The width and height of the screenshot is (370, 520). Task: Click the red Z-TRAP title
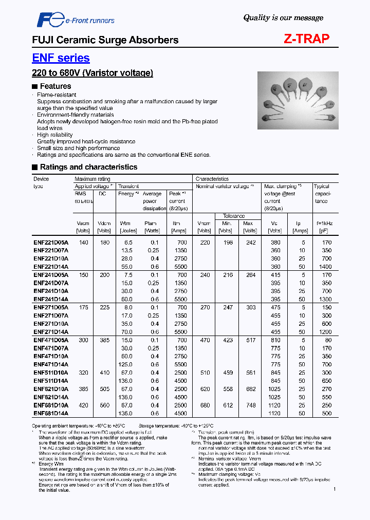307,39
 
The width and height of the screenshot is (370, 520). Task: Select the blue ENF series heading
61,58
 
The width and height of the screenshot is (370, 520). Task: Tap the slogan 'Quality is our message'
283,17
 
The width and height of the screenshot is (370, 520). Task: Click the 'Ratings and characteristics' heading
85,167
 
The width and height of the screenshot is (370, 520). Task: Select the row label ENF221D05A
50,243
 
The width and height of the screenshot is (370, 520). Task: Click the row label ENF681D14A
50,413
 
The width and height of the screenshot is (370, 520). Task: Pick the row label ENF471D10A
50,356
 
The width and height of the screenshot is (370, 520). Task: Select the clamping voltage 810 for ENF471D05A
275,340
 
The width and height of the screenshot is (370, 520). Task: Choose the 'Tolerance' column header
234,216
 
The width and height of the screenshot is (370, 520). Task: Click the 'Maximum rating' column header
92,179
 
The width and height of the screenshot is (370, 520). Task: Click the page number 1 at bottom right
335,489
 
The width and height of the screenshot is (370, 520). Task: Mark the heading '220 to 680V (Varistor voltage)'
92,73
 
